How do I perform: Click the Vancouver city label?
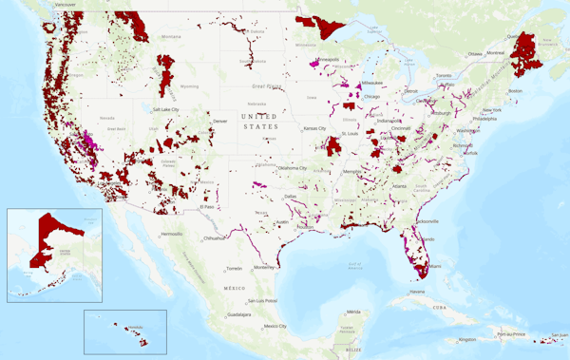(65, 5)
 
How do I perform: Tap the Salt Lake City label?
(171, 109)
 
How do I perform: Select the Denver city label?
(220, 121)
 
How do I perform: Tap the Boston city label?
(516, 90)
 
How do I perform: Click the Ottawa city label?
(475, 53)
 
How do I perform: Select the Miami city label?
(434, 266)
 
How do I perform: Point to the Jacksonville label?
(427, 221)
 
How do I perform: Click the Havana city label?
(417, 292)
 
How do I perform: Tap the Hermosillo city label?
(171, 233)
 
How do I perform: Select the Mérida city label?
(353, 312)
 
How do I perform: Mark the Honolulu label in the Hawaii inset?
(135, 328)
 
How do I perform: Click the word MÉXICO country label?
(236, 285)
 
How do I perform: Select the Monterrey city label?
(261, 267)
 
